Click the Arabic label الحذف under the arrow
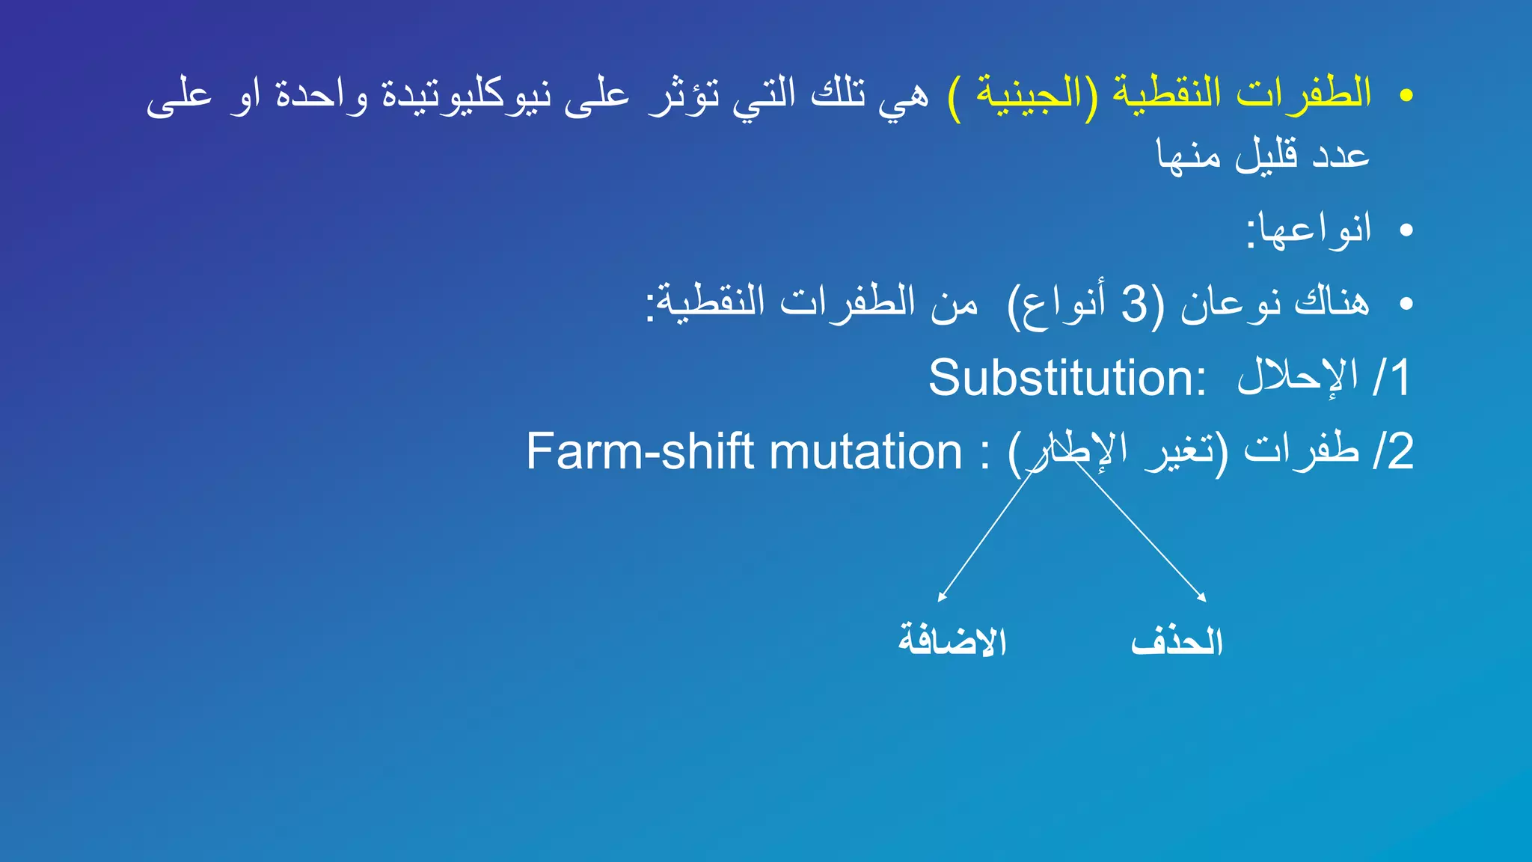click(1177, 642)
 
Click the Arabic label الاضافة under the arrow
click(952, 642)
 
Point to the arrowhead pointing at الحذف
click(1202, 598)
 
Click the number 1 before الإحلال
click(1399, 378)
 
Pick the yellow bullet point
click(1406, 96)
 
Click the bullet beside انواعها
click(1406, 230)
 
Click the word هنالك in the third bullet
click(1332, 303)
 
